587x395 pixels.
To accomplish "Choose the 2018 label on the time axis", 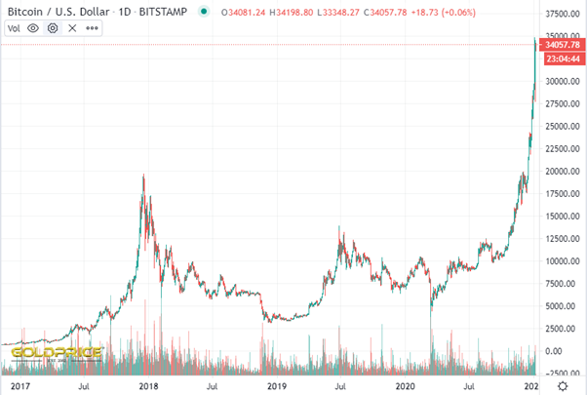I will tap(149, 386).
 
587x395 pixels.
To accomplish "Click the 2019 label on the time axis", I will tap(278, 386).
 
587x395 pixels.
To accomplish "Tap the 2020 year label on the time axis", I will tap(407, 386).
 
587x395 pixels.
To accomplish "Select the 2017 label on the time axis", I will tap(20, 386).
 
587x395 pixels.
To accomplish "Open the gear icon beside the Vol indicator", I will tap(53, 28).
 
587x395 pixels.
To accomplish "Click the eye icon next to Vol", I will tap(33, 28).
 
